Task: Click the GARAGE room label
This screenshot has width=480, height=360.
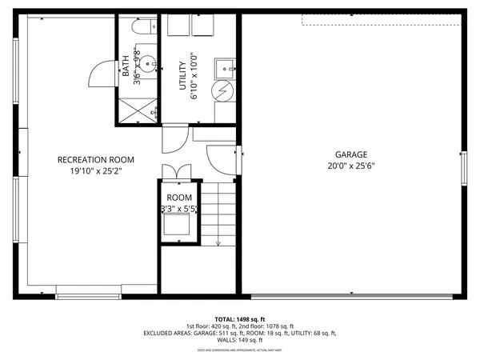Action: (351, 154)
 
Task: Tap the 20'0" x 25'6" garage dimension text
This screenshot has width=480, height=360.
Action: (351, 167)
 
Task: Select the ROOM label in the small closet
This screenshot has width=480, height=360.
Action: (178, 198)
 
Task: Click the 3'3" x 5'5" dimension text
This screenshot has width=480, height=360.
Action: (178, 209)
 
